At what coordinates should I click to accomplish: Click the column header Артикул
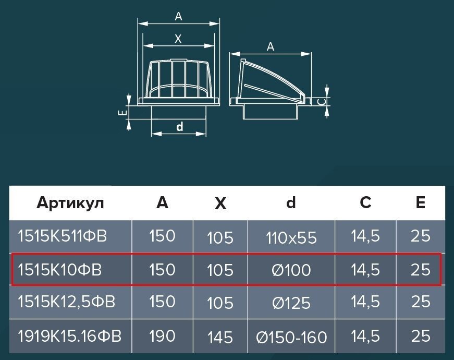point(70,203)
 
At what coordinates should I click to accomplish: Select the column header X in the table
point(220,203)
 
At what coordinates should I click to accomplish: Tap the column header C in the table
point(365,202)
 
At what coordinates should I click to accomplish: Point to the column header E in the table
point(421,202)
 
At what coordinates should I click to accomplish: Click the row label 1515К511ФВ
point(62,236)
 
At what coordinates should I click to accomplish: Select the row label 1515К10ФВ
point(59,270)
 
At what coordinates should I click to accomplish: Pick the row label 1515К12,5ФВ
point(66,302)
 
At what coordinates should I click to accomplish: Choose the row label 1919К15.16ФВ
point(69,336)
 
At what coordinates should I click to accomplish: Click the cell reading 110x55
point(291,238)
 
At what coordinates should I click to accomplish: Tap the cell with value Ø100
point(291,270)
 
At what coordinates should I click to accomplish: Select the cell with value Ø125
point(291,303)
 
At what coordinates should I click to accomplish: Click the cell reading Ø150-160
point(291,338)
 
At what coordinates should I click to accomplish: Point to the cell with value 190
point(162,336)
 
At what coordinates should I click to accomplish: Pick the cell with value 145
point(220,338)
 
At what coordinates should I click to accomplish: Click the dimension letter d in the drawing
point(179,127)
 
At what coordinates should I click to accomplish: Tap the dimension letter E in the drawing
point(123,113)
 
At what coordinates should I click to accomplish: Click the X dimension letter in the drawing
point(178,39)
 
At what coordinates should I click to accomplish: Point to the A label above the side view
point(270,46)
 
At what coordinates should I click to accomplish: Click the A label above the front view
point(179,17)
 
